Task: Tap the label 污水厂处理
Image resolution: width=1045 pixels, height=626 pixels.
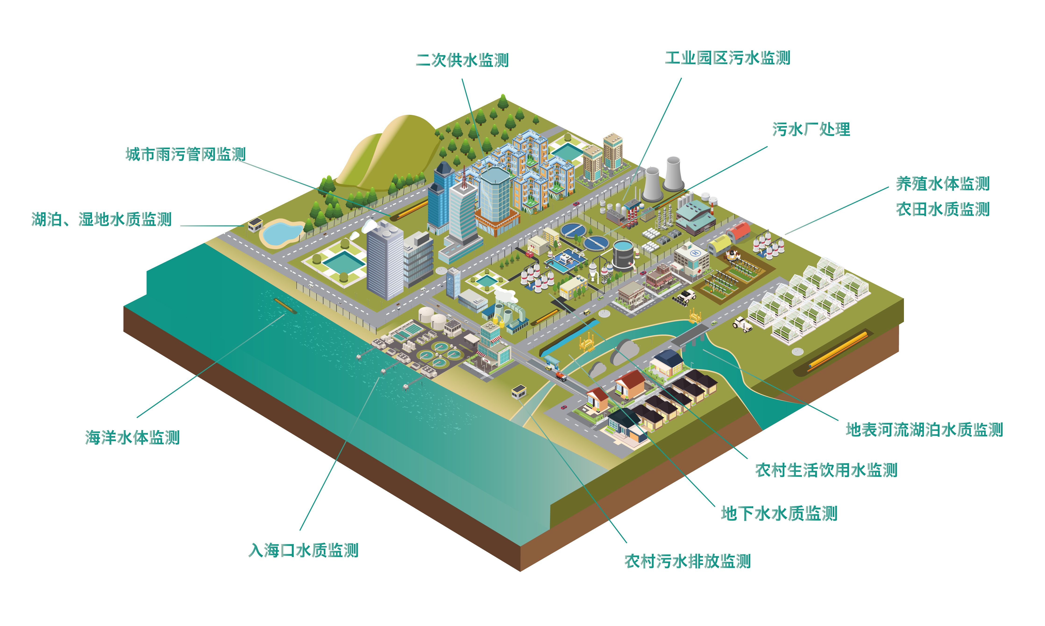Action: pos(811,129)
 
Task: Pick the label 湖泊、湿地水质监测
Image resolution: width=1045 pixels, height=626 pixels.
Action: pos(101,219)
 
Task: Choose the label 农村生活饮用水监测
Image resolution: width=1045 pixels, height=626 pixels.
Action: pos(826,470)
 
